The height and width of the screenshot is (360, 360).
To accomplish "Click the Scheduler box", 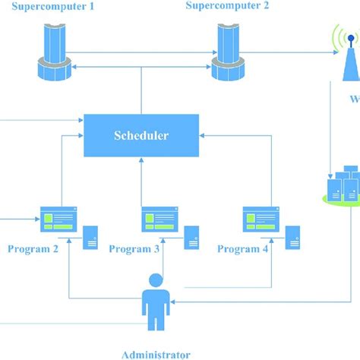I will click(x=141, y=136).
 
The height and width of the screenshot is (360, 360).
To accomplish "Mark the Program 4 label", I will click(x=242, y=248).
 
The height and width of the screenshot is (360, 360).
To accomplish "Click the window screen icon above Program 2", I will click(x=58, y=219).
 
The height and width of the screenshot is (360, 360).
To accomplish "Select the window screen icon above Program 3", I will click(x=159, y=219).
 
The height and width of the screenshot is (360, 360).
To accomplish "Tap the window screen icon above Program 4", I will click(x=261, y=219).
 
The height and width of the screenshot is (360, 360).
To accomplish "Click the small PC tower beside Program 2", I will click(x=90, y=237).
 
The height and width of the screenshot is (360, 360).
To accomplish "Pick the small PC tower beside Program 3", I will click(x=192, y=237).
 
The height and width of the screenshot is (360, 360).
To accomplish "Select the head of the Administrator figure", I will click(x=156, y=281).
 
